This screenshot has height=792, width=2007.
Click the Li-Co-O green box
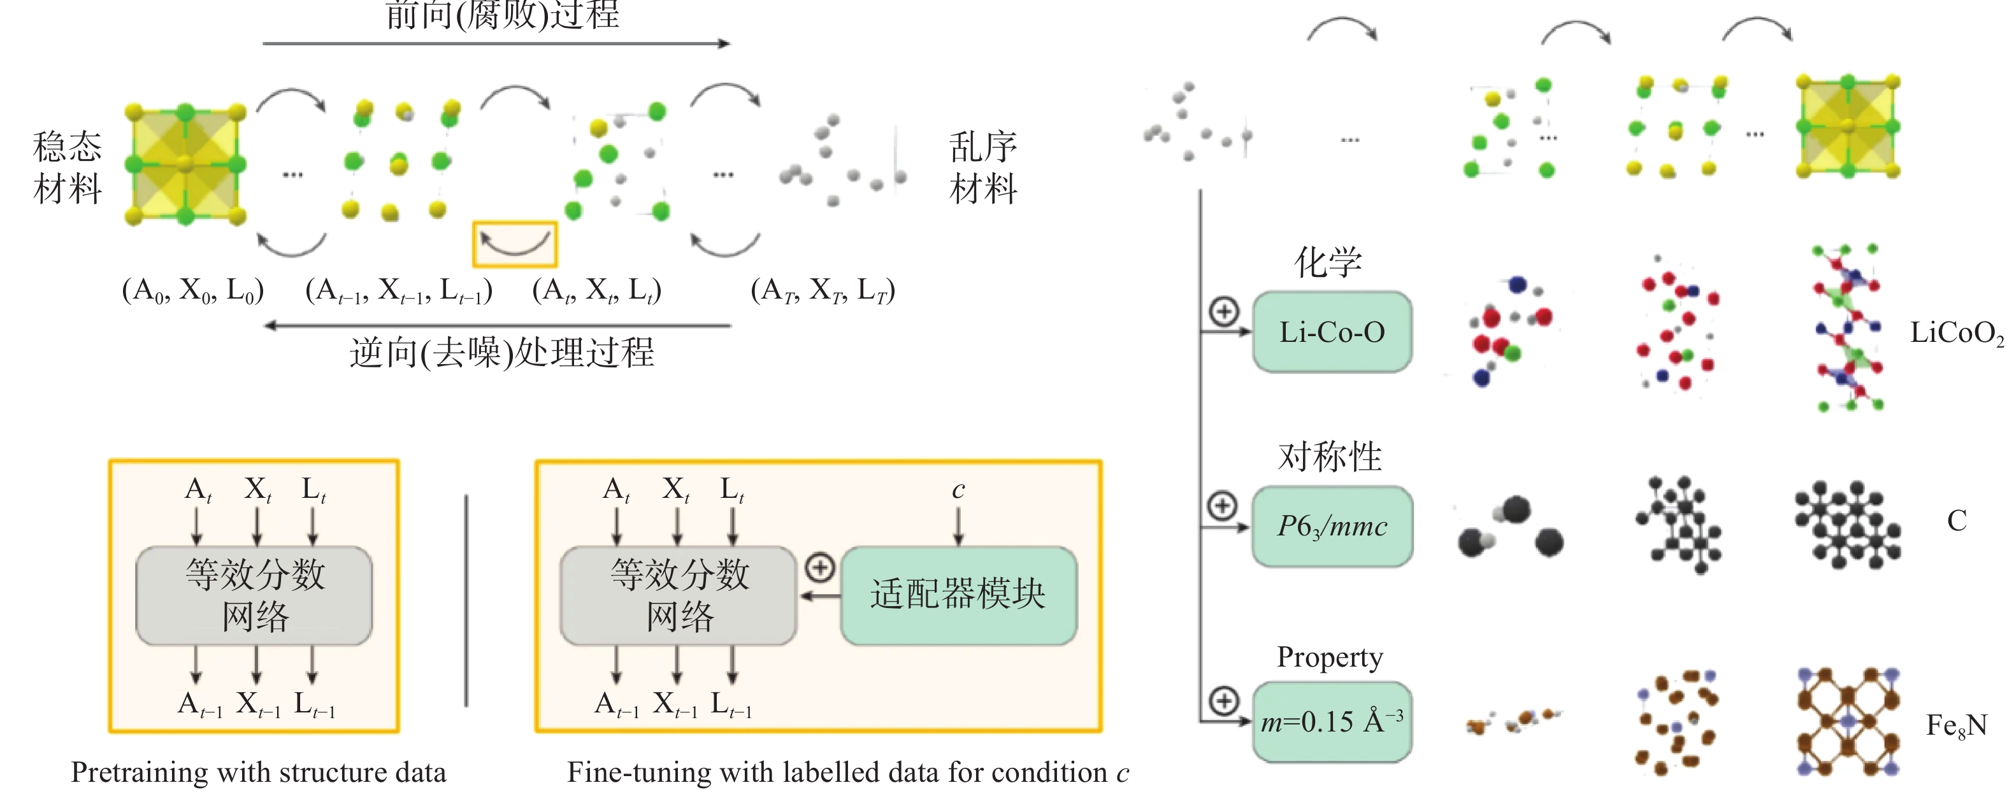coord(1332,332)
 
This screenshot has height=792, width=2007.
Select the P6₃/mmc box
coord(1332,527)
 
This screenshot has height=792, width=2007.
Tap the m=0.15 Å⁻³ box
coord(1332,722)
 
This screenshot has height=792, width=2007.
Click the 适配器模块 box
coord(958,596)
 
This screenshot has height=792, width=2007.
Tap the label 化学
coord(1328,262)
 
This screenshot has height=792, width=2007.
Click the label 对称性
coord(1329,456)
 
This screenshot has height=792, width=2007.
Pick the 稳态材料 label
coord(68,167)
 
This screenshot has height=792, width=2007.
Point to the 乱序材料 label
coord(983,167)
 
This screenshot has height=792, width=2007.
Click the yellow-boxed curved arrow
coord(514,244)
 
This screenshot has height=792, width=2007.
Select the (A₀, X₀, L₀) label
coord(193,290)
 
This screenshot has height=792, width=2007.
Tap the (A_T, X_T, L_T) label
coord(823,290)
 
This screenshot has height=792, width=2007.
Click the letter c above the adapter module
coord(958,490)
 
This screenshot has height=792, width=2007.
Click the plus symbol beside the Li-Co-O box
coord(1224,311)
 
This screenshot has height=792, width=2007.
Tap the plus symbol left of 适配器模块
coord(819,568)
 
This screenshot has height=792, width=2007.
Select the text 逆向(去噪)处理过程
coord(502,353)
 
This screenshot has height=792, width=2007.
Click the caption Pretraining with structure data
coord(259,772)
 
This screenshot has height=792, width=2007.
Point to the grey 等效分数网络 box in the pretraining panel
coord(254,596)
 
